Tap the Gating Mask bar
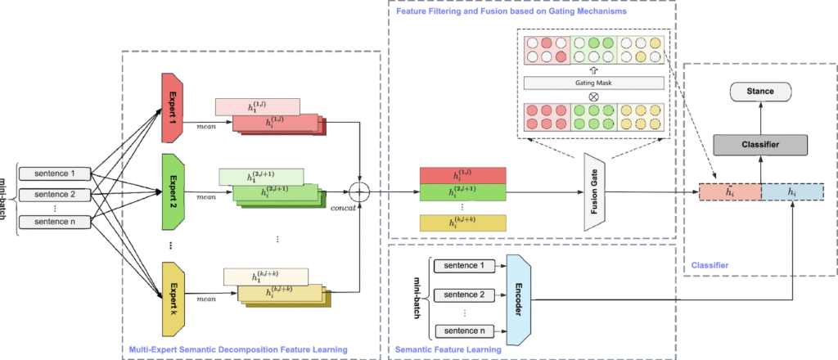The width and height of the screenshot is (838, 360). click(x=593, y=83)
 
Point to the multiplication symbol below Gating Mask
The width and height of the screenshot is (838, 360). click(x=593, y=97)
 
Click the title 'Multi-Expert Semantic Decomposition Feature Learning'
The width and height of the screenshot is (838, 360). click(x=238, y=349)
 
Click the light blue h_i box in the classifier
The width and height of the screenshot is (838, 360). click(x=791, y=192)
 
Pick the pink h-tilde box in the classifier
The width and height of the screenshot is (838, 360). click(x=730, y=192)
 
